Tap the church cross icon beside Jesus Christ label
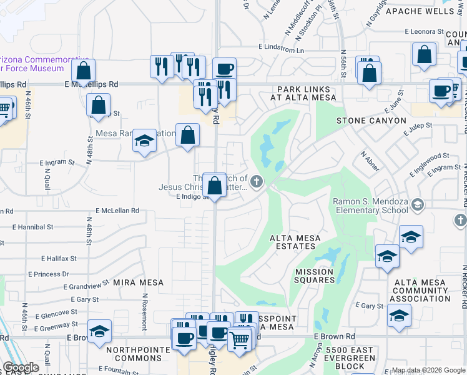257,182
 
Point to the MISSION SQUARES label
315,276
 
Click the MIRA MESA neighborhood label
138,282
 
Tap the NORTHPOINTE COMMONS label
138,354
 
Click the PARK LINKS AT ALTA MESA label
303,93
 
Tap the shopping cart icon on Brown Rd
240,340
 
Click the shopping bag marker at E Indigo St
215,186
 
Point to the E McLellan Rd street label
117,211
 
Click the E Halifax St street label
59,258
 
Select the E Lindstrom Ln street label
282,49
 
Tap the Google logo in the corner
20,367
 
